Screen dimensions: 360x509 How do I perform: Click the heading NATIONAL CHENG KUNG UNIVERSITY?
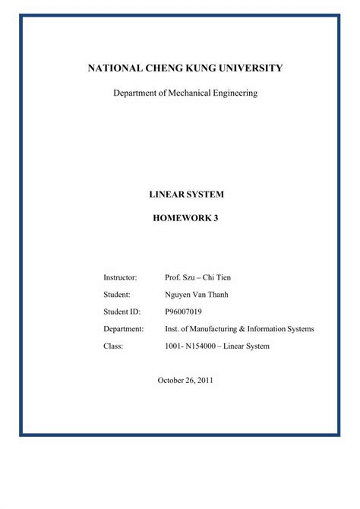[185, 68]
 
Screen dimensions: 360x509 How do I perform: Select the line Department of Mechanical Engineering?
[185, 93]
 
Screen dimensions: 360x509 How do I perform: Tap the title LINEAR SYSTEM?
[186, 194]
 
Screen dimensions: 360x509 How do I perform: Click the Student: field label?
[117, 293]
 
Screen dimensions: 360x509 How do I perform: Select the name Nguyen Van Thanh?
[197, 293]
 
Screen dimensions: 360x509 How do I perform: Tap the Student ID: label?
[122, 311]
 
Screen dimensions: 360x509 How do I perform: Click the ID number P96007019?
[184, 311]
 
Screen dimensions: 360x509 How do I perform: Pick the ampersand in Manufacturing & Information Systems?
[245, 329]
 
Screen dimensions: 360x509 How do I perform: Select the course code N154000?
[204, 346]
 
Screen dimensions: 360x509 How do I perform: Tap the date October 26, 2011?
[185, 379]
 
